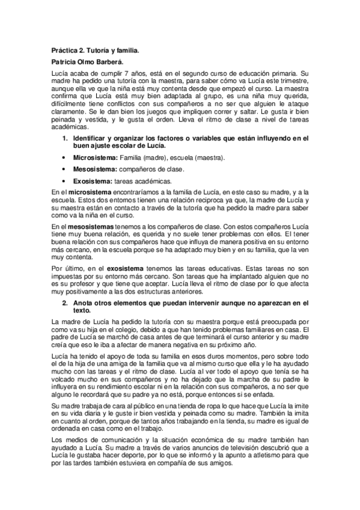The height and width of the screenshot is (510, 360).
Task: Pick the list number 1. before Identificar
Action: tap(66, 139)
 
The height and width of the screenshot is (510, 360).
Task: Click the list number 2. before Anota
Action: tap(66, 303)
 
